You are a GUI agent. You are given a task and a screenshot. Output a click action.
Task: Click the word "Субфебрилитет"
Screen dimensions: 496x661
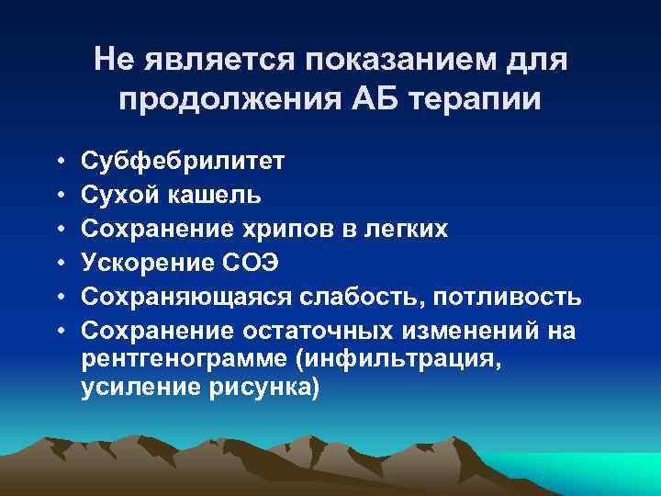tap(183, 163)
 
